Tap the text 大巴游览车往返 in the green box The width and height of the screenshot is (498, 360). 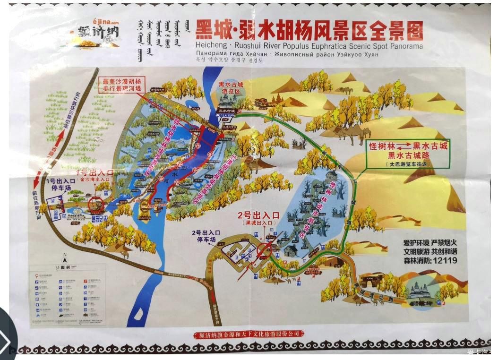(409, 164)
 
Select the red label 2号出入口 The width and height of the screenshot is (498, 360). (259, 215)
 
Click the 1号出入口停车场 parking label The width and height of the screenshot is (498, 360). (60, 184)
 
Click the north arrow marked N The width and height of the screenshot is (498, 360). (65, 257)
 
